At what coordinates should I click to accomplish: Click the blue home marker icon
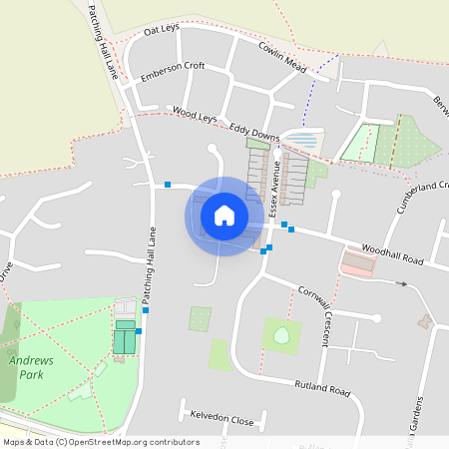[x=224, y=216]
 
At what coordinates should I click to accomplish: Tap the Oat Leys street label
[x=161, y=30]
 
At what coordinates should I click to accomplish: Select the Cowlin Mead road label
[x=281, y=56]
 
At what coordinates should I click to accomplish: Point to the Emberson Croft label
[x=173, y=71]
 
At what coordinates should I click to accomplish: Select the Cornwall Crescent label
[x=313, y=317]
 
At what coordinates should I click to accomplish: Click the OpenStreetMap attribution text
[x=100, y=442]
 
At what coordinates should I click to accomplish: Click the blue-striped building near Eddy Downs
[x=303, y=141]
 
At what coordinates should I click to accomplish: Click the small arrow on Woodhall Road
[x=403, y=284]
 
